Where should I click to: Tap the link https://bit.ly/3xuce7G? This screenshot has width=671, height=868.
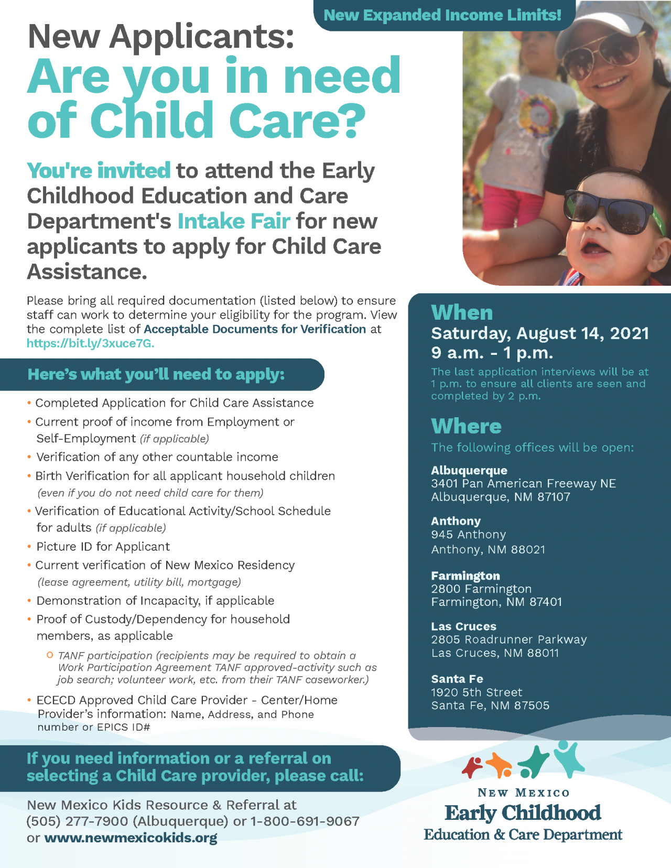[91, 344]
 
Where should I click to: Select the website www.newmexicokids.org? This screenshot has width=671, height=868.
[131, 838]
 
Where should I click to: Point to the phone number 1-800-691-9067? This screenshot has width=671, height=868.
[305, 821]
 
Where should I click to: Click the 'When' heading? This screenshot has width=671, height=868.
[462, 313]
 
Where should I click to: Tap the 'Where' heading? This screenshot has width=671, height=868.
[466, 426]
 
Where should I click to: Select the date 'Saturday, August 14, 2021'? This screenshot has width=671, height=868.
[540, 333]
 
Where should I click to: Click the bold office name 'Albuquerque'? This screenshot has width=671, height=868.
[469, 470]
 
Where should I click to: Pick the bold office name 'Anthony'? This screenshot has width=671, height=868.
[456, 521]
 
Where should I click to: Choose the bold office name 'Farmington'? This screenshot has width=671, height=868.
[466, 576]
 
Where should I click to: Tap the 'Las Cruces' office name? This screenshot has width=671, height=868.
[463, 626]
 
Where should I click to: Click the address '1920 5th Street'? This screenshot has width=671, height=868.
[477, 692]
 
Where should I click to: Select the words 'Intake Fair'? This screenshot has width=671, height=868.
[234, 221]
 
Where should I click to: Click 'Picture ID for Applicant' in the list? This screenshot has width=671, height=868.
[103, 547]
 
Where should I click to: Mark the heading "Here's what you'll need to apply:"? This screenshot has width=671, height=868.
[156, 374]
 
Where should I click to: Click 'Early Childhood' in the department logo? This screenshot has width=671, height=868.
[523, 813]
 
